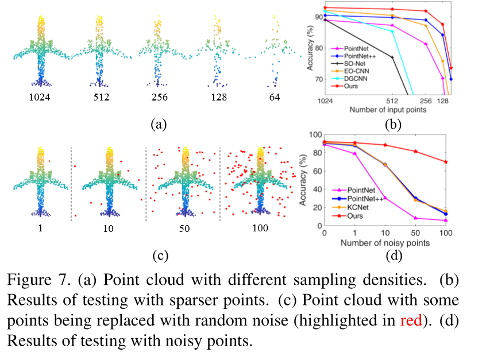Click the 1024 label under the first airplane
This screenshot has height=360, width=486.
[x=40, y=98]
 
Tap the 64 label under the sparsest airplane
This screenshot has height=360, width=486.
[x=274, y=98]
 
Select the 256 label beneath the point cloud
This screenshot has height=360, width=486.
[x=157, y=98]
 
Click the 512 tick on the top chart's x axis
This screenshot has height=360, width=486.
[x=392, y=100]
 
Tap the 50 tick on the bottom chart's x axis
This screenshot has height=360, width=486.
[x=415, y=232]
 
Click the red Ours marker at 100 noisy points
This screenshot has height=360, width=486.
[x=446, y=162]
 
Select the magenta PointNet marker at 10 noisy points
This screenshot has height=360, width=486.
[x=384, y=198]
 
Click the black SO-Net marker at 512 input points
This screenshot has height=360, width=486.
[x=392, y=57]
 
